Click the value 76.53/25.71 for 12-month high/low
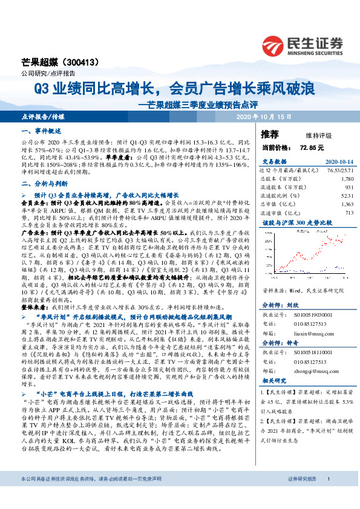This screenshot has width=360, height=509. [x=338, y=172]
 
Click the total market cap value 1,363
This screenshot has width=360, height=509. [x=346, y=204]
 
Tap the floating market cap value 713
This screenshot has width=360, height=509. [x=349, y=213]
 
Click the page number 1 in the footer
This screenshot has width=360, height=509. [x=327, y=496]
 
